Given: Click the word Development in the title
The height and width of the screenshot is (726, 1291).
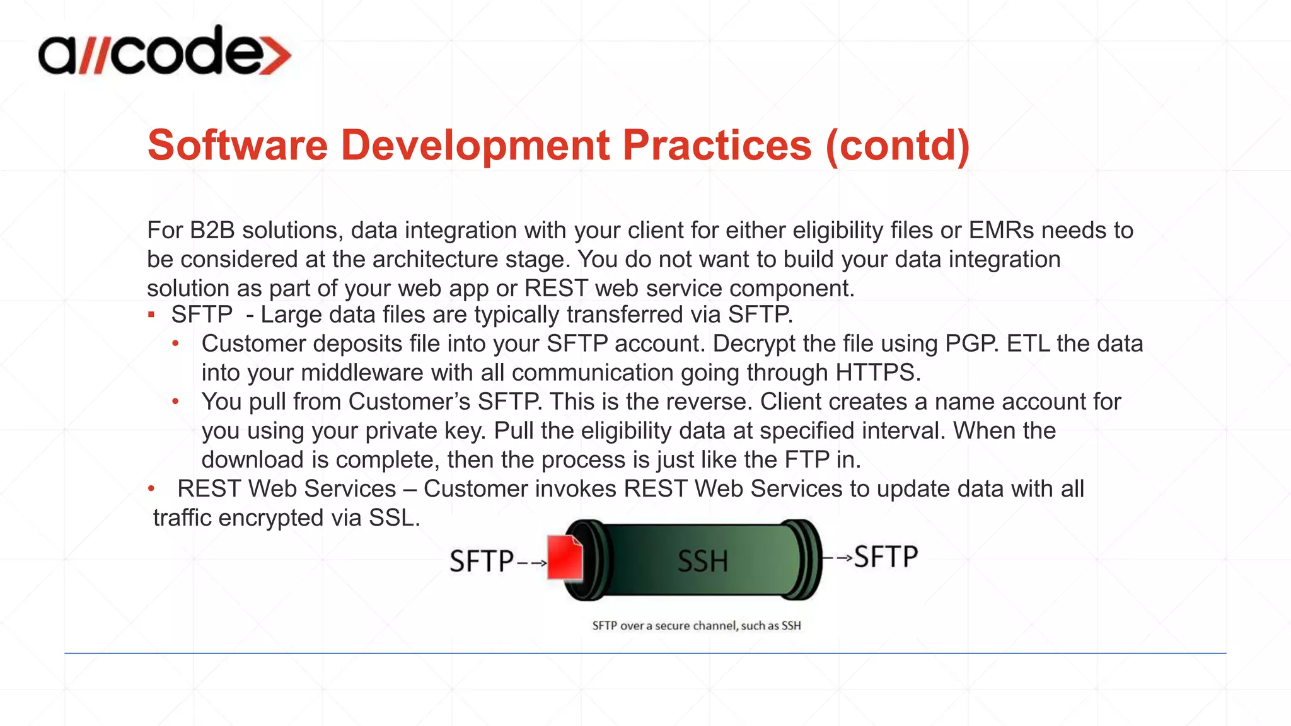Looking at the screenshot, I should pos(475,146).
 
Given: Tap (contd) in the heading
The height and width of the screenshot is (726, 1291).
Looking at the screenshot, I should pos(897,146).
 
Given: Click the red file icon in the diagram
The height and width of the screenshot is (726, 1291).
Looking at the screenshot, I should pos(565,558).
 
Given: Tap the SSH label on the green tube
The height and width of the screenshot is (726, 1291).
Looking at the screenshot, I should pos(702,561).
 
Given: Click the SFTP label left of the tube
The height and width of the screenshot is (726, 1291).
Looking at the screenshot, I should pos(482,561).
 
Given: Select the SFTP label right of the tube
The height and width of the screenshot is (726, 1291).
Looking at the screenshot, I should pos(886,557).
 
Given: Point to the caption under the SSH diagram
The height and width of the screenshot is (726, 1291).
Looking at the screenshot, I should pos(697,626).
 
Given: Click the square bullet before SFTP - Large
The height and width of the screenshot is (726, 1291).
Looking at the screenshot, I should pos(151,314).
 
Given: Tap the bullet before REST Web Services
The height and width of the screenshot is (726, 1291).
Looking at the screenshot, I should pos(151,488).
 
